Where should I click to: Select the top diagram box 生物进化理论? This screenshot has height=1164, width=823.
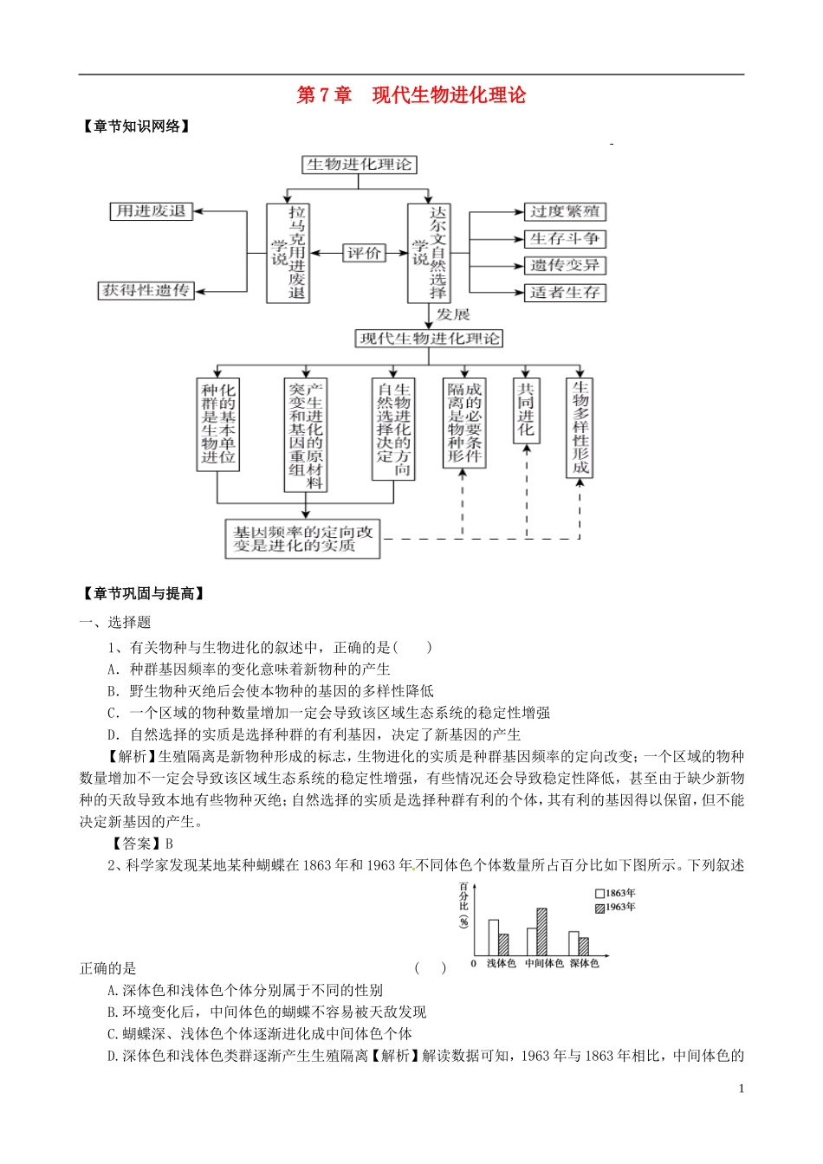pyautogui.click(x=360, y=165)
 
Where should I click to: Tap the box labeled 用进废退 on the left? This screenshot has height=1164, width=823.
pyautogui.click(x=151, y=211)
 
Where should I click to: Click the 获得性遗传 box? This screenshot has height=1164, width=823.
pyautogui.click(x=146, y=291)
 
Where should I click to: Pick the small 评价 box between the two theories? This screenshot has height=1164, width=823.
pyautogui.click(x=364, y=253)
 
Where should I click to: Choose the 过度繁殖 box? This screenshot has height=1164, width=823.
pyautogui.click(x=565, y=212)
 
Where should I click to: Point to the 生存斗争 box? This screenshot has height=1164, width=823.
pyautogui.click(x=565, y=239)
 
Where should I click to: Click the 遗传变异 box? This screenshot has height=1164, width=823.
pyautogui.click(x=565, y=266)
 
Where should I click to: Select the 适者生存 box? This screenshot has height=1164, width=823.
pyautogui.click(x=565, y=293)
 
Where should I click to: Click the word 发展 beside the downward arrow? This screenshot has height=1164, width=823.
pyautogui.click(x=453, y=314)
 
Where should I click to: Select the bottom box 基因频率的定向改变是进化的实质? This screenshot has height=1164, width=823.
pyautogui.click(x=302, y=539)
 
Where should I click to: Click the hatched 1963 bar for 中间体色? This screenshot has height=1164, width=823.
pyautogui.click(x=541, y=931)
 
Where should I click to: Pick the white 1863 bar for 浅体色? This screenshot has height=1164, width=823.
pyautogui.click(x=493, y=937)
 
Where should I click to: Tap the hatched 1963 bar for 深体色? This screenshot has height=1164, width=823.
pyautogui.click(x=584, y=946)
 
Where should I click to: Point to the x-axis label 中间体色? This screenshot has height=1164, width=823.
pyautogui.click(x=543, y=963)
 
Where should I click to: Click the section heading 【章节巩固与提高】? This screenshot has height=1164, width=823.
pyautogui.click(x=143, y=593)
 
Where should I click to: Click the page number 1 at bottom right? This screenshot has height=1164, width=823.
pyautogui.click(x=742, y=1089)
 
